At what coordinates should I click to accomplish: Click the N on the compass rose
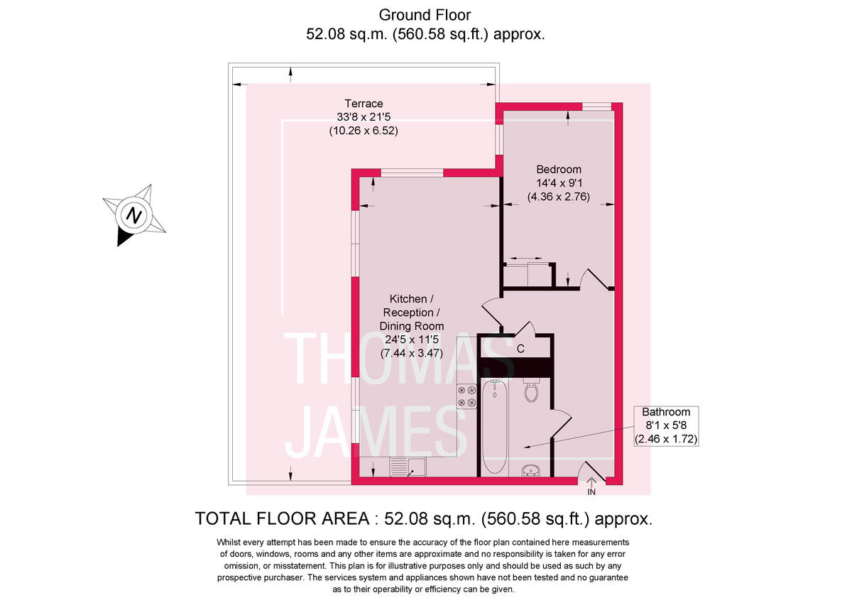tap(134, 214)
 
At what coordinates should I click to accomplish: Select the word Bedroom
tap(558, 170)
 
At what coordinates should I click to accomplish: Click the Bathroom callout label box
tap(666, 426)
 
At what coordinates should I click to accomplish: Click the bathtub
tap(494, 426)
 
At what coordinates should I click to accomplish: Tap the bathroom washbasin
tap(530, 470)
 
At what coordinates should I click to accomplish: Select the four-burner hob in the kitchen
tap(466, 396)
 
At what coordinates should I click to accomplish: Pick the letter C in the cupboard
tap(520, 349)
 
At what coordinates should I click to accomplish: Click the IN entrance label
tap(591, 491)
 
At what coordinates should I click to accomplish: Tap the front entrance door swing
tap(591, 471)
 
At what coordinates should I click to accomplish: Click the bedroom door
tap(595, 278)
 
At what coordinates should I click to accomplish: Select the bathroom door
tap(561, 423)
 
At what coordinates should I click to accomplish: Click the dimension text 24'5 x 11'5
tap(414, 339)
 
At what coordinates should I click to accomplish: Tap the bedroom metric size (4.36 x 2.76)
tap(558, 196)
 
